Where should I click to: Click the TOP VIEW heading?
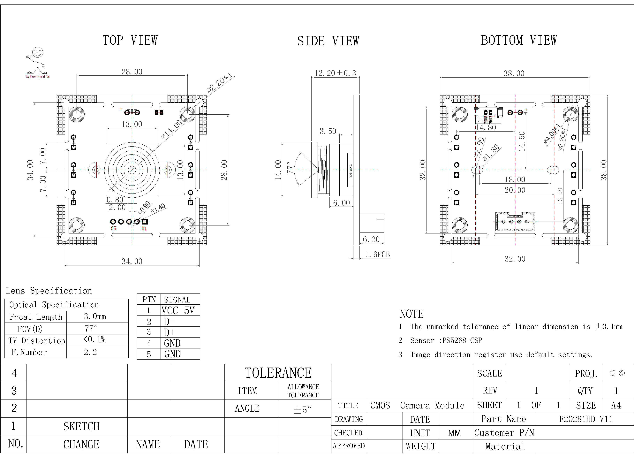pos(130,40)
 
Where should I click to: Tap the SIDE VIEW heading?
pos(328,41)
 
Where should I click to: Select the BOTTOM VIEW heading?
pos(519,40)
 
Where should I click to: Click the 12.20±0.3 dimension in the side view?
pos(335,73)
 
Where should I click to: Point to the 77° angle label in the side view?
pos(290,168)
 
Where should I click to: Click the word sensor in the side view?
pos(350,170)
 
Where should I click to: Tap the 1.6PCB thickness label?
pos(377,255)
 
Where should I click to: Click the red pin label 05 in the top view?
pos(114,228)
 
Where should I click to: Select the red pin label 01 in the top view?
pos(144,228)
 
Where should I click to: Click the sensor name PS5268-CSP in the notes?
pos(462,340)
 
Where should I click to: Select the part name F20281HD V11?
pos(586,419)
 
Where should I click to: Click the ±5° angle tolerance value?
pos(302,410)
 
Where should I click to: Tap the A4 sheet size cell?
pos(616,405)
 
